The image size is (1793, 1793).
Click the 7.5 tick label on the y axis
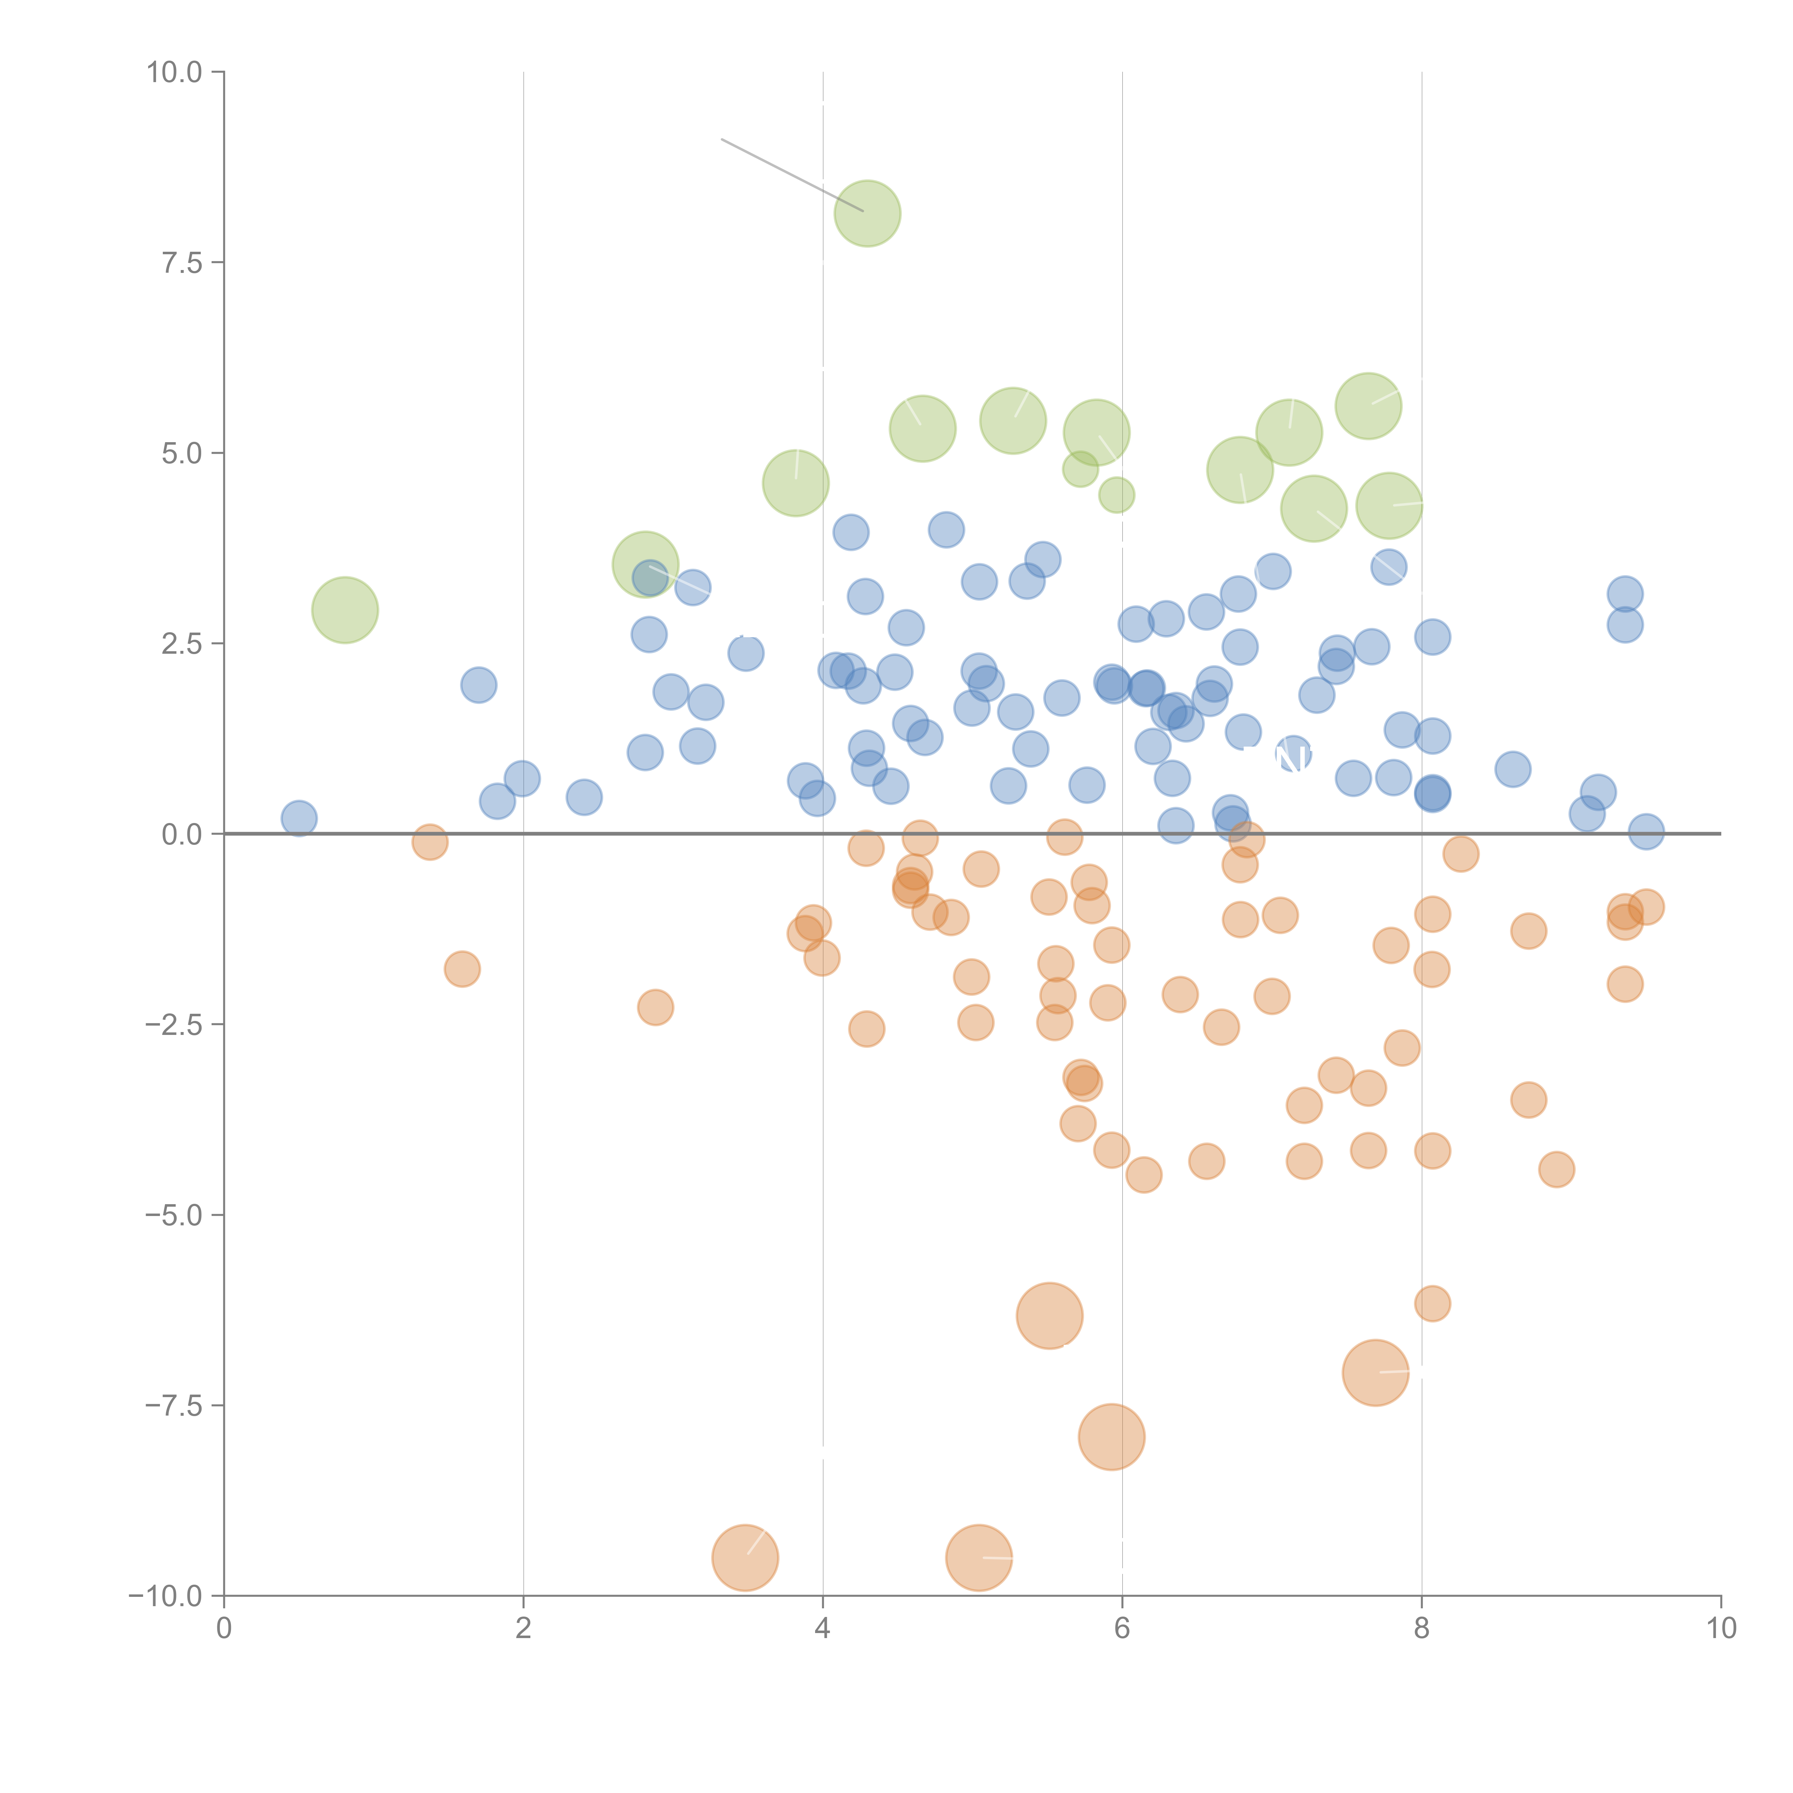[182, 262]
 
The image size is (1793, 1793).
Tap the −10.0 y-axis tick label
[165, 1596]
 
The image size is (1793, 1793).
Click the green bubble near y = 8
[867, 213]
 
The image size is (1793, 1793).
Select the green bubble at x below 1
[344, 610]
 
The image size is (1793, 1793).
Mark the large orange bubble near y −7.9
[1112, 1437]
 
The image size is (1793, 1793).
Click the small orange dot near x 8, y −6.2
[1432, 1303]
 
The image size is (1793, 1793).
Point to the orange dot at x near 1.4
[430, 842]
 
